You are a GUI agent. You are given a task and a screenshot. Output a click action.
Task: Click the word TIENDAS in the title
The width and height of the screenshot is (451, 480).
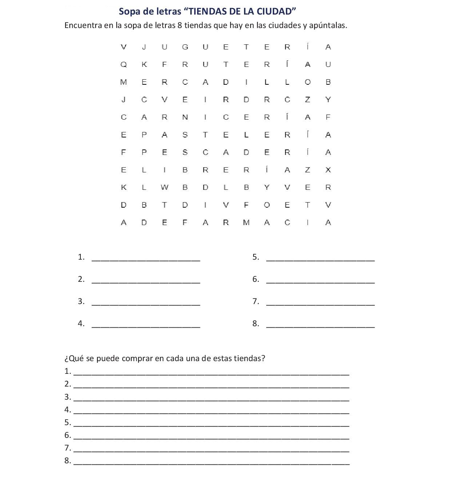point(208,12)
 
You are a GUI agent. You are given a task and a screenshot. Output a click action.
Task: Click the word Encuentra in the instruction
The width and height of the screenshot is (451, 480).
point(83,25)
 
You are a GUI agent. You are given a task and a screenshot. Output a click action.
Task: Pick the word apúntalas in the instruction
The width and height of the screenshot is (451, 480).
point(328,26)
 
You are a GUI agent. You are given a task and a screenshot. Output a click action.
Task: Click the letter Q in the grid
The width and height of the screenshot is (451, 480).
point(124,65)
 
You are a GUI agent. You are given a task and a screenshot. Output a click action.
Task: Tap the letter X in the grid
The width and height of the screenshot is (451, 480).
point(328,170)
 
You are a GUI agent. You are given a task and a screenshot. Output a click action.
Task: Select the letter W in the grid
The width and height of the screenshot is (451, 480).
point(164,188)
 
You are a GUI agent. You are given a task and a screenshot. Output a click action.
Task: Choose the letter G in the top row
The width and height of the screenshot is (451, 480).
point(185,47)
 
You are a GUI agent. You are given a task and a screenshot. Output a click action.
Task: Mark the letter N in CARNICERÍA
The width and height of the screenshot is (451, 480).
point(185,117)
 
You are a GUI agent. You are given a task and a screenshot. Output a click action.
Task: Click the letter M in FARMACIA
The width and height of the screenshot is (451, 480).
point(246,223)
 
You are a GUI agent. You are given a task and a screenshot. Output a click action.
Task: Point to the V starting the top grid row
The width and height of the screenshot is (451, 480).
point(124,47)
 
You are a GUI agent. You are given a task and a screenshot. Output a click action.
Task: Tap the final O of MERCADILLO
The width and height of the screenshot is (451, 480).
point(308,82)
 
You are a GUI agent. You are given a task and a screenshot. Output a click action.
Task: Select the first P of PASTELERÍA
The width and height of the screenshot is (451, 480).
point(144,135)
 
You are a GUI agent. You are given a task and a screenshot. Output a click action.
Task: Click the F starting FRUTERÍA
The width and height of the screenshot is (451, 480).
point(164,65)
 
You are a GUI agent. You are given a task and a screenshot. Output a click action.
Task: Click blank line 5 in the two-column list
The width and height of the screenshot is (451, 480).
point(320,259)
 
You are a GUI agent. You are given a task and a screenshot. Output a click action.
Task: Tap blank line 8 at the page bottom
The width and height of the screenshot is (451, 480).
point(211,463)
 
